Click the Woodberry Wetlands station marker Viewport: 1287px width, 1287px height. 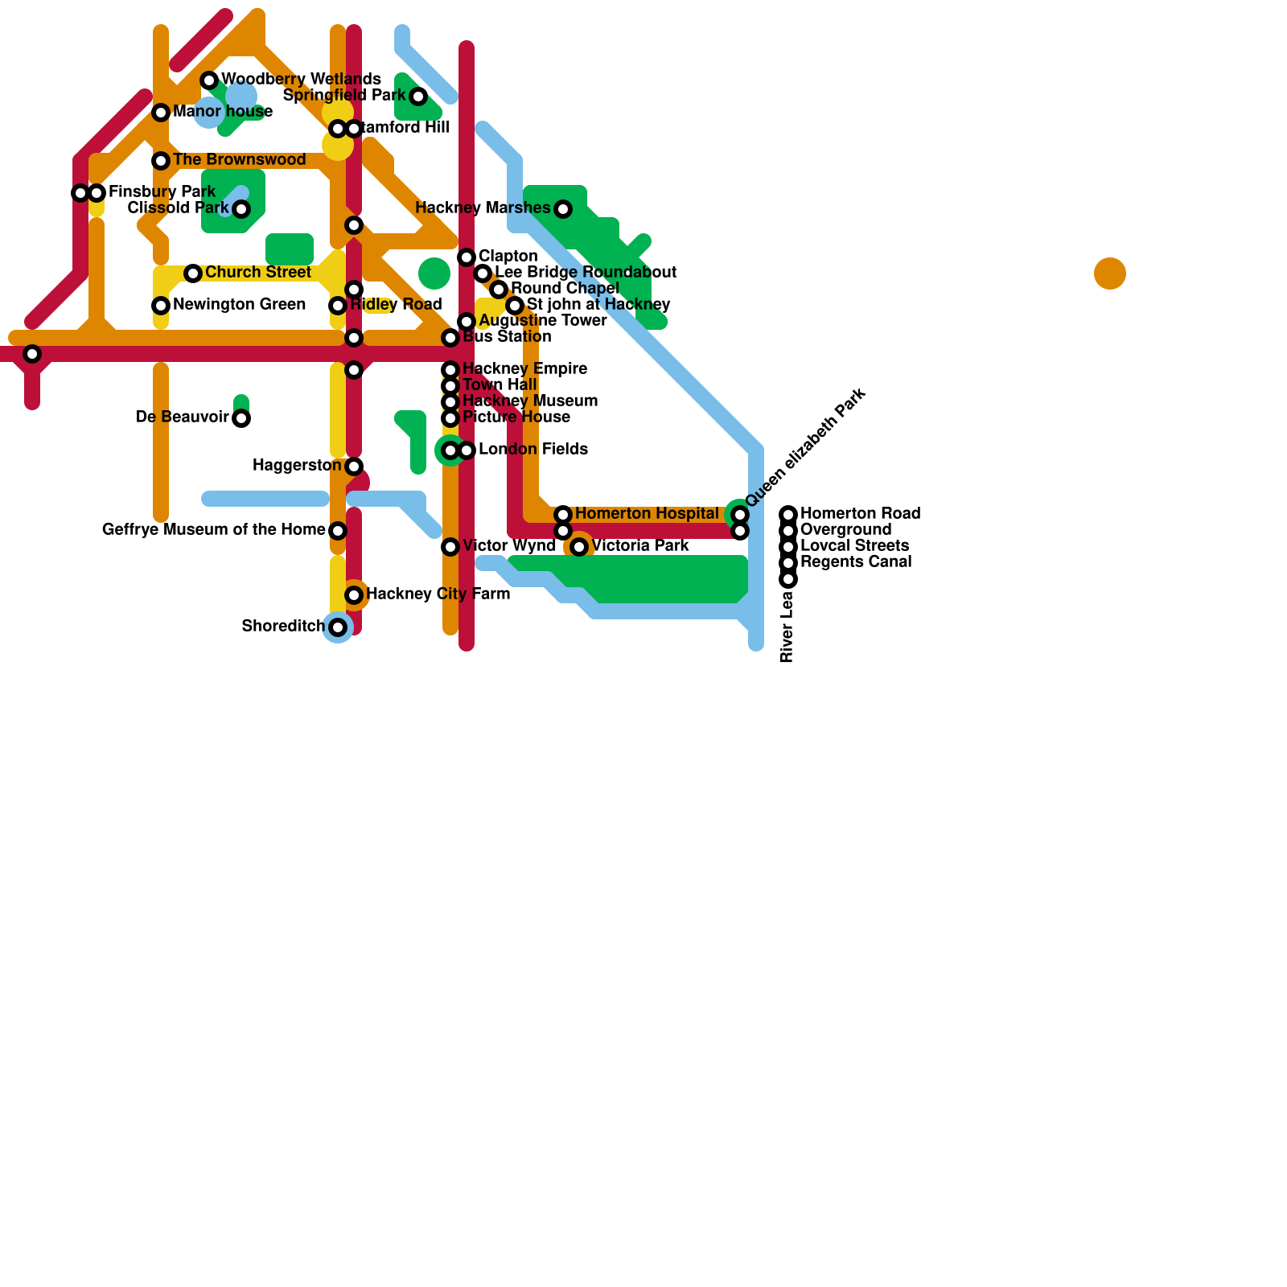pos(209,80)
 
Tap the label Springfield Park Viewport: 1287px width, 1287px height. pos(344,96)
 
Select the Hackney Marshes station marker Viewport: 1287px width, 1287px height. pos(563,209)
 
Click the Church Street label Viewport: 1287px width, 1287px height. pos(257,273)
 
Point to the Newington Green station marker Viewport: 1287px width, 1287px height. pos(161,306)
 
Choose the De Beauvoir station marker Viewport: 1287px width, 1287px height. pos(241,418)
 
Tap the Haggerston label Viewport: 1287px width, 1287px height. pos(296,466)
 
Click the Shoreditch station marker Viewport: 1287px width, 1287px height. pos(338,627)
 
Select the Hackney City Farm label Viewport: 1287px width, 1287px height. pos(438,594)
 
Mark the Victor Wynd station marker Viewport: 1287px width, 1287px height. pos(450,547)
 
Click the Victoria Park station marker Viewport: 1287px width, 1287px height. pos(579,547)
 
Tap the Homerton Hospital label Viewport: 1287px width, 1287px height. pos(647,514)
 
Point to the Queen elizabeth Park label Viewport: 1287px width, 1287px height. pos(806,447)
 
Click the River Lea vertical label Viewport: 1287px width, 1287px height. pos(787,627)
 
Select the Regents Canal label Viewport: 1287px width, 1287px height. pos(856,562)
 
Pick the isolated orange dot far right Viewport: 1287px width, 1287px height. pos(1110,273)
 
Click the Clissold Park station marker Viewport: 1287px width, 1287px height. pos(241,209)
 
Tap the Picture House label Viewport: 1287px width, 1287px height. pos(516,417)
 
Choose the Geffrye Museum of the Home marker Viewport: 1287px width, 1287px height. pos(338,531)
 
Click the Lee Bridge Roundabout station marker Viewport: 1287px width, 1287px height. pos(483,273)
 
